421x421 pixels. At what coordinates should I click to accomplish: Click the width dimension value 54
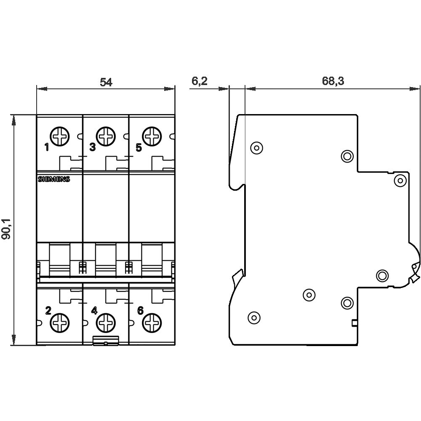pyautogui.click(x=106, y=82)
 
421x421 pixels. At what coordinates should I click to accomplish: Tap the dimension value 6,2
pyautogui.click(x=200, y=81)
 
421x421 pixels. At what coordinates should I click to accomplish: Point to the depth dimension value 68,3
pyautogui.click(x=333, y=81)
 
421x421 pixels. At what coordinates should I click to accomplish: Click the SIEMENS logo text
pyautogui.click(x=54, y=179)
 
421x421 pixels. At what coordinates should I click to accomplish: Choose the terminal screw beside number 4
pyautogui.click(x=105, y=323)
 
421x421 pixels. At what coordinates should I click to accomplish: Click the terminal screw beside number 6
pyautogui.click(x=152, y=323)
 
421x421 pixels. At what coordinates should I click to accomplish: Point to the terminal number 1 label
pyautogui.click(x=47, y=147)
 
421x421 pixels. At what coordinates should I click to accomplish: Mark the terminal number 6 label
pyautogui.click(x=140, y=311)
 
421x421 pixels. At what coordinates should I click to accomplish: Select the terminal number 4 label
pyautogui.click(x=94, y=311)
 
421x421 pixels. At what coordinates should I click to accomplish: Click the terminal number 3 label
pyautogui.click(x=93, y=147)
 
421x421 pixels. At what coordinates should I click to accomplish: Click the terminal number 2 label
pyautogui.click(x=48, y=311)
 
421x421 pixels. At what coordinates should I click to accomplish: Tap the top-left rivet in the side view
pyautogui.click(x=256, y=147)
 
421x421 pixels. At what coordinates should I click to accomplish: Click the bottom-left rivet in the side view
pyautogui.click(x=253, y=317)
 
